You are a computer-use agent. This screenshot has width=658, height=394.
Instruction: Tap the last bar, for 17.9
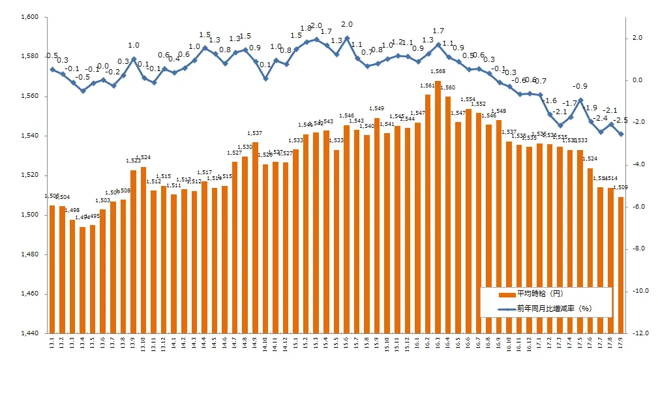(x=621, y=265)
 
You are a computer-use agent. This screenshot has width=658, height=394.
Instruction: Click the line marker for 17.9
(x=621, y=134)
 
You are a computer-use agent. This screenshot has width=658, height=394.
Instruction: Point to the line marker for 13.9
(x=133, y=59)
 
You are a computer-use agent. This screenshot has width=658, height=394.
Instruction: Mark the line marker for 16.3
(x=438, y=45)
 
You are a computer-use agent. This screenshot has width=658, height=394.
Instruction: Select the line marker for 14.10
(x=265, y=79)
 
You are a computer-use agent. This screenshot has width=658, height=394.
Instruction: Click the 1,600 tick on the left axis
(x=29, y=17)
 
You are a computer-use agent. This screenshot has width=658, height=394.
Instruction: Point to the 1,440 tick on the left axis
(x=29, y=333)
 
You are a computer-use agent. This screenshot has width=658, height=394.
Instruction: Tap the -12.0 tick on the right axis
(x=640, y=333)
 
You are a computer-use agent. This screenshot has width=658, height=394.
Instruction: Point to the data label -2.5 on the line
(x=621, y=120)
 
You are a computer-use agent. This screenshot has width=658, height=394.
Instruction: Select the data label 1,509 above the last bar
(x=620, y=188)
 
